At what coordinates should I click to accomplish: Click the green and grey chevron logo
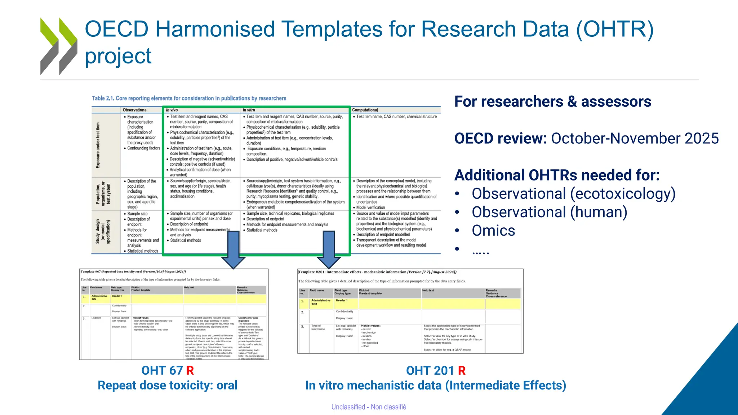(x=58, y=46)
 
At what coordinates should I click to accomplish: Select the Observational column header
(x=135, y=110)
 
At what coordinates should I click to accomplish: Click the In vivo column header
(x=172, y=110)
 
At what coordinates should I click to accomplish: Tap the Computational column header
(x=365, y=110)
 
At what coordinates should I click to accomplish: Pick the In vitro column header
(x=249, y=110)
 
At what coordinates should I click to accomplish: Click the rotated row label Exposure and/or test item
(x=98, y=145)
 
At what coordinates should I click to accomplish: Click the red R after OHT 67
(x=190, y=371)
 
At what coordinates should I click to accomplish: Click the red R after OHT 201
(x=462, y=371)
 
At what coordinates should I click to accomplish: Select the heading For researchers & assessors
(x=552, y=102)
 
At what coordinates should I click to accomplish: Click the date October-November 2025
(x=635, y=139)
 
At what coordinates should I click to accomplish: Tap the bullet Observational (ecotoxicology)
(x=573, y=194)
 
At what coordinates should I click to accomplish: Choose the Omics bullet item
(x=493, y=231)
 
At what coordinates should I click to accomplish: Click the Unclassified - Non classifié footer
(x=369, y=407)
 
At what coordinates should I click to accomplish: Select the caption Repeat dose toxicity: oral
(x=168, y=385)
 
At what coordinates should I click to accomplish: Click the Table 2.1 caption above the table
(x=189, y=98)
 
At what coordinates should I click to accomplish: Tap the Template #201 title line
(x=377, y=272)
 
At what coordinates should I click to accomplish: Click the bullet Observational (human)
(x=549, y=212)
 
